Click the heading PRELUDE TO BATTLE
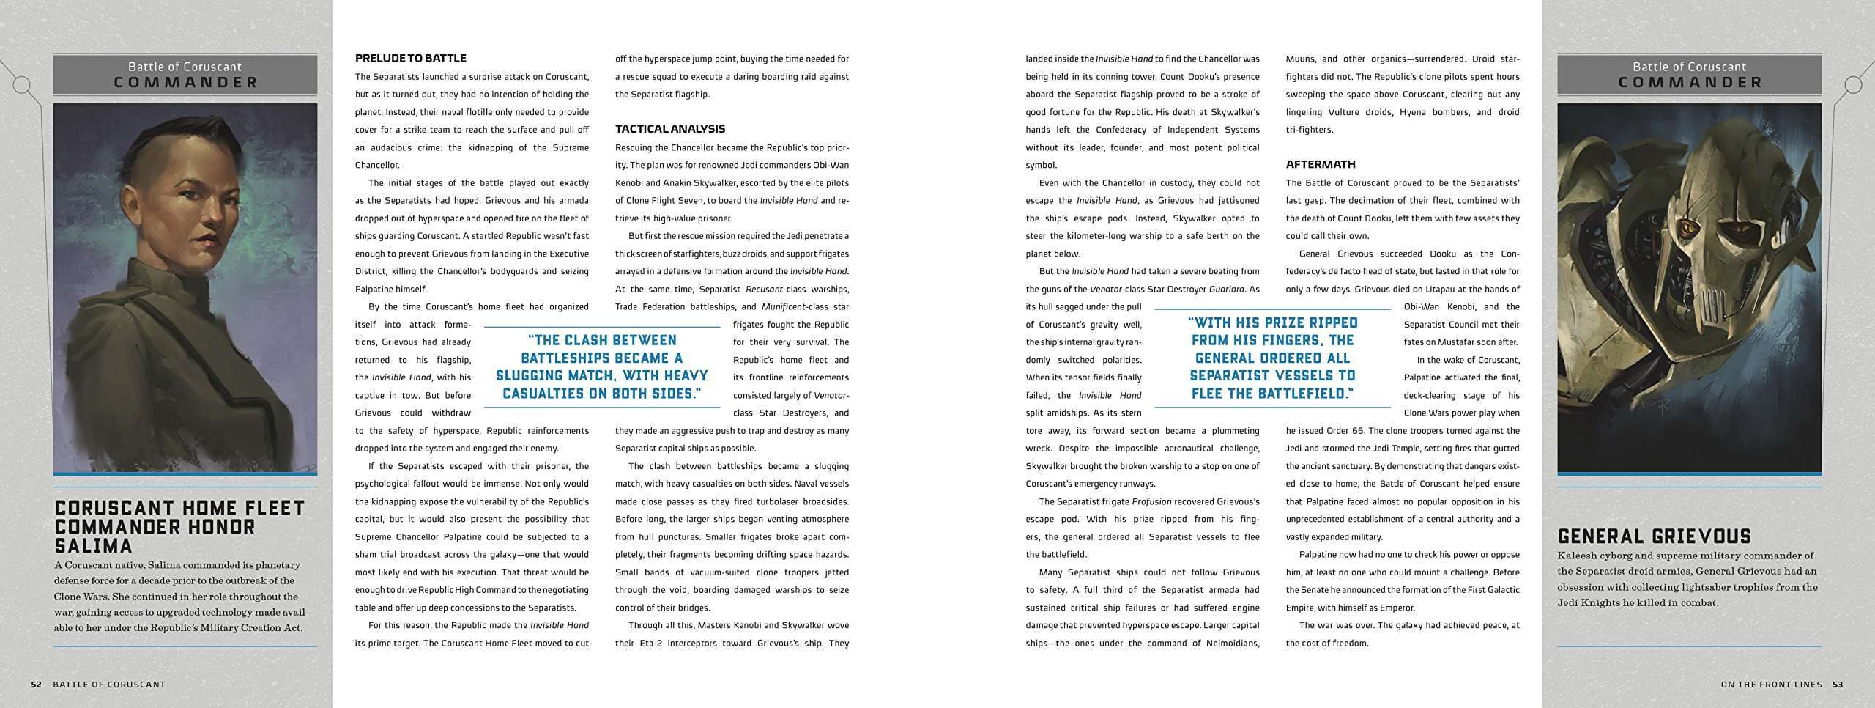pos(410,59)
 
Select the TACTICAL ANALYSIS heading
pos(669,129)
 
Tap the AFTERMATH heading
pos(1321,164)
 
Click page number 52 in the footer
pos(36,685)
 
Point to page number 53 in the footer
pos(1838,685)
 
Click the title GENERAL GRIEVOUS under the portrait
pos(1652,536)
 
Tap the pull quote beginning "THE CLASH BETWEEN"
pos(601,366)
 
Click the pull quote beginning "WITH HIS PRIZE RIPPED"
pos(1272,358)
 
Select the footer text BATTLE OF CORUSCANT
pos(109,685)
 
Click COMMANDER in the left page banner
pos(186,83)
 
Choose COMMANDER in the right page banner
pos(1690,83)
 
